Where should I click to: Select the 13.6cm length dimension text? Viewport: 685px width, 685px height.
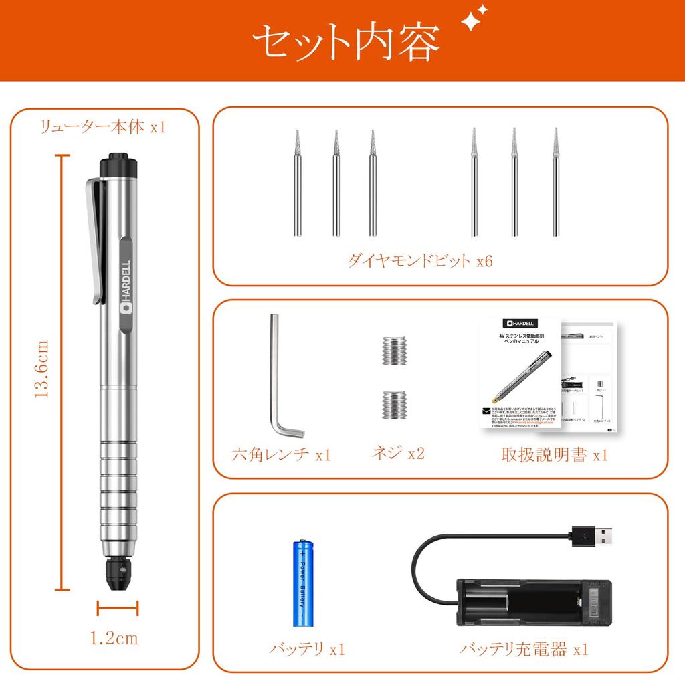click(42, 369)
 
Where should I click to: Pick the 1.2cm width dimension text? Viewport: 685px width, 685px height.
click(114, 638)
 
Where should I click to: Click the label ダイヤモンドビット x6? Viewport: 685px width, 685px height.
click(419, 261)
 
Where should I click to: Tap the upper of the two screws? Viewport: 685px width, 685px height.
click(396, 350)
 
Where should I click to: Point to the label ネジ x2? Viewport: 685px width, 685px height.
click(398, 453)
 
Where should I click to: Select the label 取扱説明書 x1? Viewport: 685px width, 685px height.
click(555, 455)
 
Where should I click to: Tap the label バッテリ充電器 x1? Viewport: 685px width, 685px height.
click(524, 648)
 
